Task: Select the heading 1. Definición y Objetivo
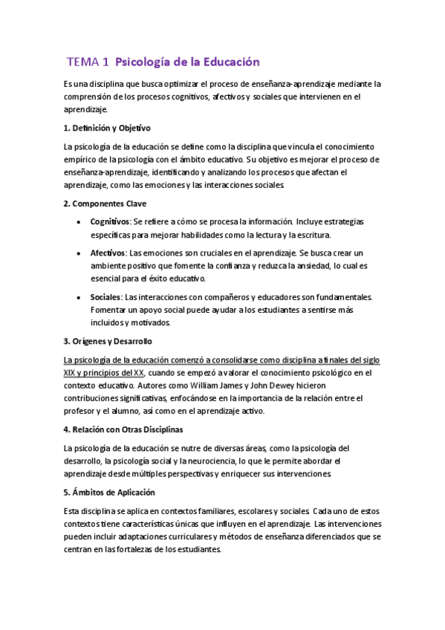pyautogui.click(x=108, y=128)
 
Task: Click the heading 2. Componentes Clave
pyautogui.click(x=105, y=203)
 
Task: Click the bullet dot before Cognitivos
pyautogui.click(x=79, y=222)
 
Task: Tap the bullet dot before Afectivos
pyautogui.click(x=79, y=253)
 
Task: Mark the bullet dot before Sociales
pyautogui.click(x=79, y=297)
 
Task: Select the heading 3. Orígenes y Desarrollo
pyautogui.click(x=108, y=342)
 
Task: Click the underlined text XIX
pyautogui.click(x=71, y=372)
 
